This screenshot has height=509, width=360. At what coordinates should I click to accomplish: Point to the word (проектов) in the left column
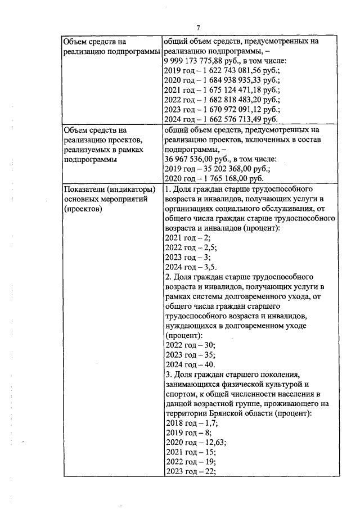tap(83, 209)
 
